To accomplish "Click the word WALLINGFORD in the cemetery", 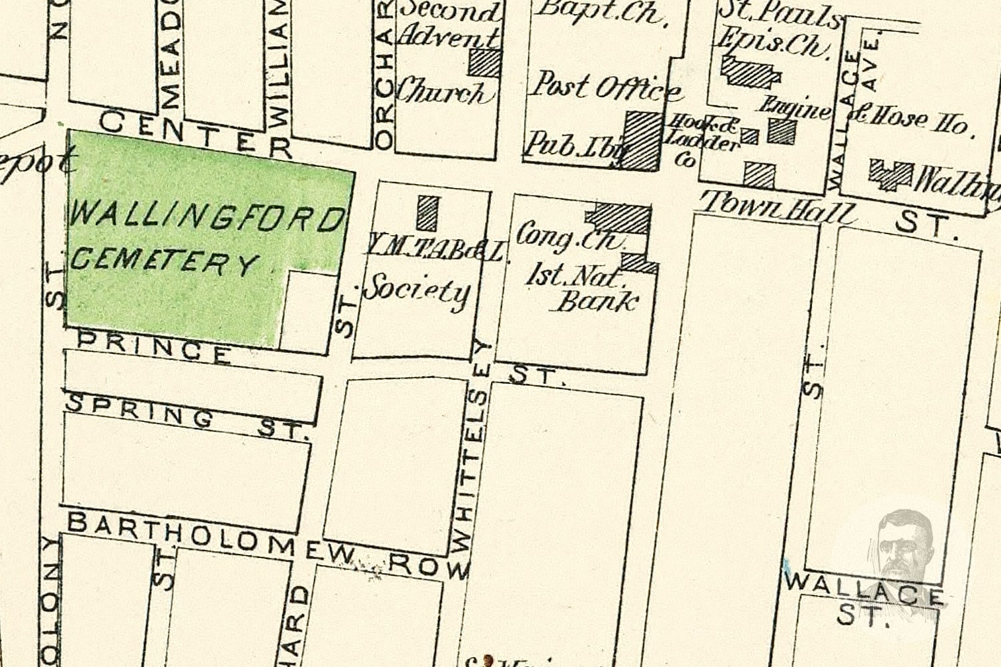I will click(207, 218).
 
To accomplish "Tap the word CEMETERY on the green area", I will click(163, 261).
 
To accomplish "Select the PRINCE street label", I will click(153, 348).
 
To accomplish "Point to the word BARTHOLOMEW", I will click(217, 538).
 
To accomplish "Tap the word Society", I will click(417, 291).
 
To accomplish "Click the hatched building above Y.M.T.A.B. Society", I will click(428, 212).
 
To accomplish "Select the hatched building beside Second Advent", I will click(484, 63).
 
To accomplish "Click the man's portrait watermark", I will click(904, 544).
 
